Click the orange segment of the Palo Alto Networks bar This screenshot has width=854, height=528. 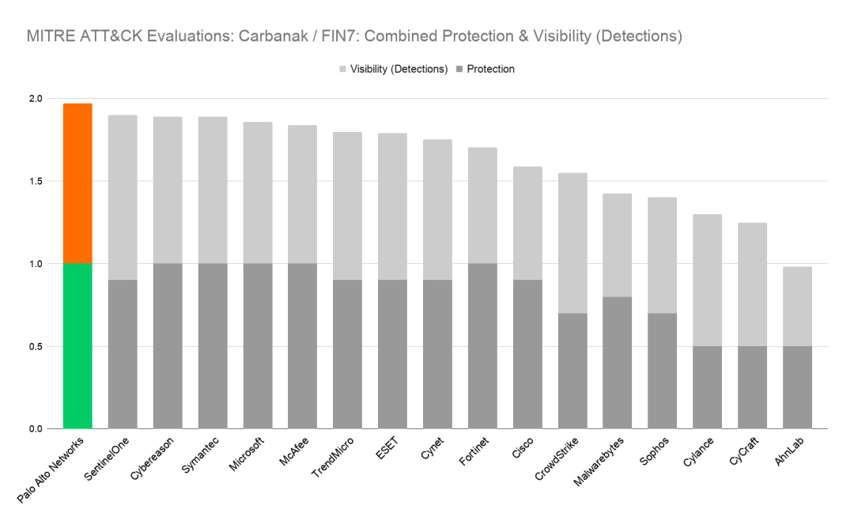tap(77, 183)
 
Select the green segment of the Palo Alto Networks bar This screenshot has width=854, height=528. tap(77, 345)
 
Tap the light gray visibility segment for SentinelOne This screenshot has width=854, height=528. tap(123, 197)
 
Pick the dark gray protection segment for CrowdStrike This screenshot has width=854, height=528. tap(572, 371)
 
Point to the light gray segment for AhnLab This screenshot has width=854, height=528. tap(797, 307)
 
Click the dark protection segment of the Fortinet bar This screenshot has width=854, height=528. tap(482, 345)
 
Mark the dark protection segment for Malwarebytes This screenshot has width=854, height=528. tap(618, 363)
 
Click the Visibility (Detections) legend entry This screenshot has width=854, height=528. tap(392, 69)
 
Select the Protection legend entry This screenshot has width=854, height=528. tap(489, 69)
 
